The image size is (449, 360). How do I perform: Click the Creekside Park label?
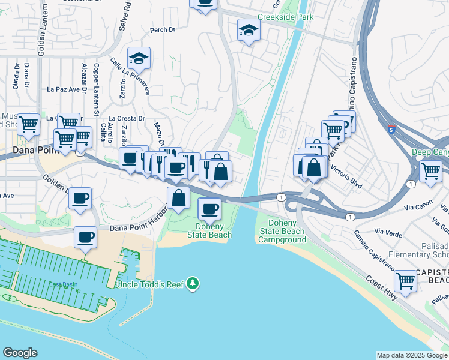click(x=286, y=17)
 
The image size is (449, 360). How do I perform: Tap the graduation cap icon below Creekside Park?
click(x=249, y=31)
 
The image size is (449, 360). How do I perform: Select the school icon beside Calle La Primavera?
click(x=139, y=59)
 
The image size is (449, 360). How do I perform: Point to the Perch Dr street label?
click(x=163, y=29)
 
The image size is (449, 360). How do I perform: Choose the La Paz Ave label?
click(x=64, y=89)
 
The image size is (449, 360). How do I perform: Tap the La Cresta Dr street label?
click(x=127, y=118)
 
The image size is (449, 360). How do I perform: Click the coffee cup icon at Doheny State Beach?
click(x=209, y=209)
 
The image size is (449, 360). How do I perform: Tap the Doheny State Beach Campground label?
click(x=282, y=231)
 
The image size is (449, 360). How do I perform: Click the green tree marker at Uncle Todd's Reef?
click(x=192, y=283)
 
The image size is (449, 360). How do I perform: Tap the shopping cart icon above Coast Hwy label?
click(x=406, y=280)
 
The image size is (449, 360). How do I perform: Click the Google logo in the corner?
click(x=20, y=353)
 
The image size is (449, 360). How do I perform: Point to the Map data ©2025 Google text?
click(x=411, y=355)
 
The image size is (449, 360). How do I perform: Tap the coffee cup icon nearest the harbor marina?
click(x=85, y=238)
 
